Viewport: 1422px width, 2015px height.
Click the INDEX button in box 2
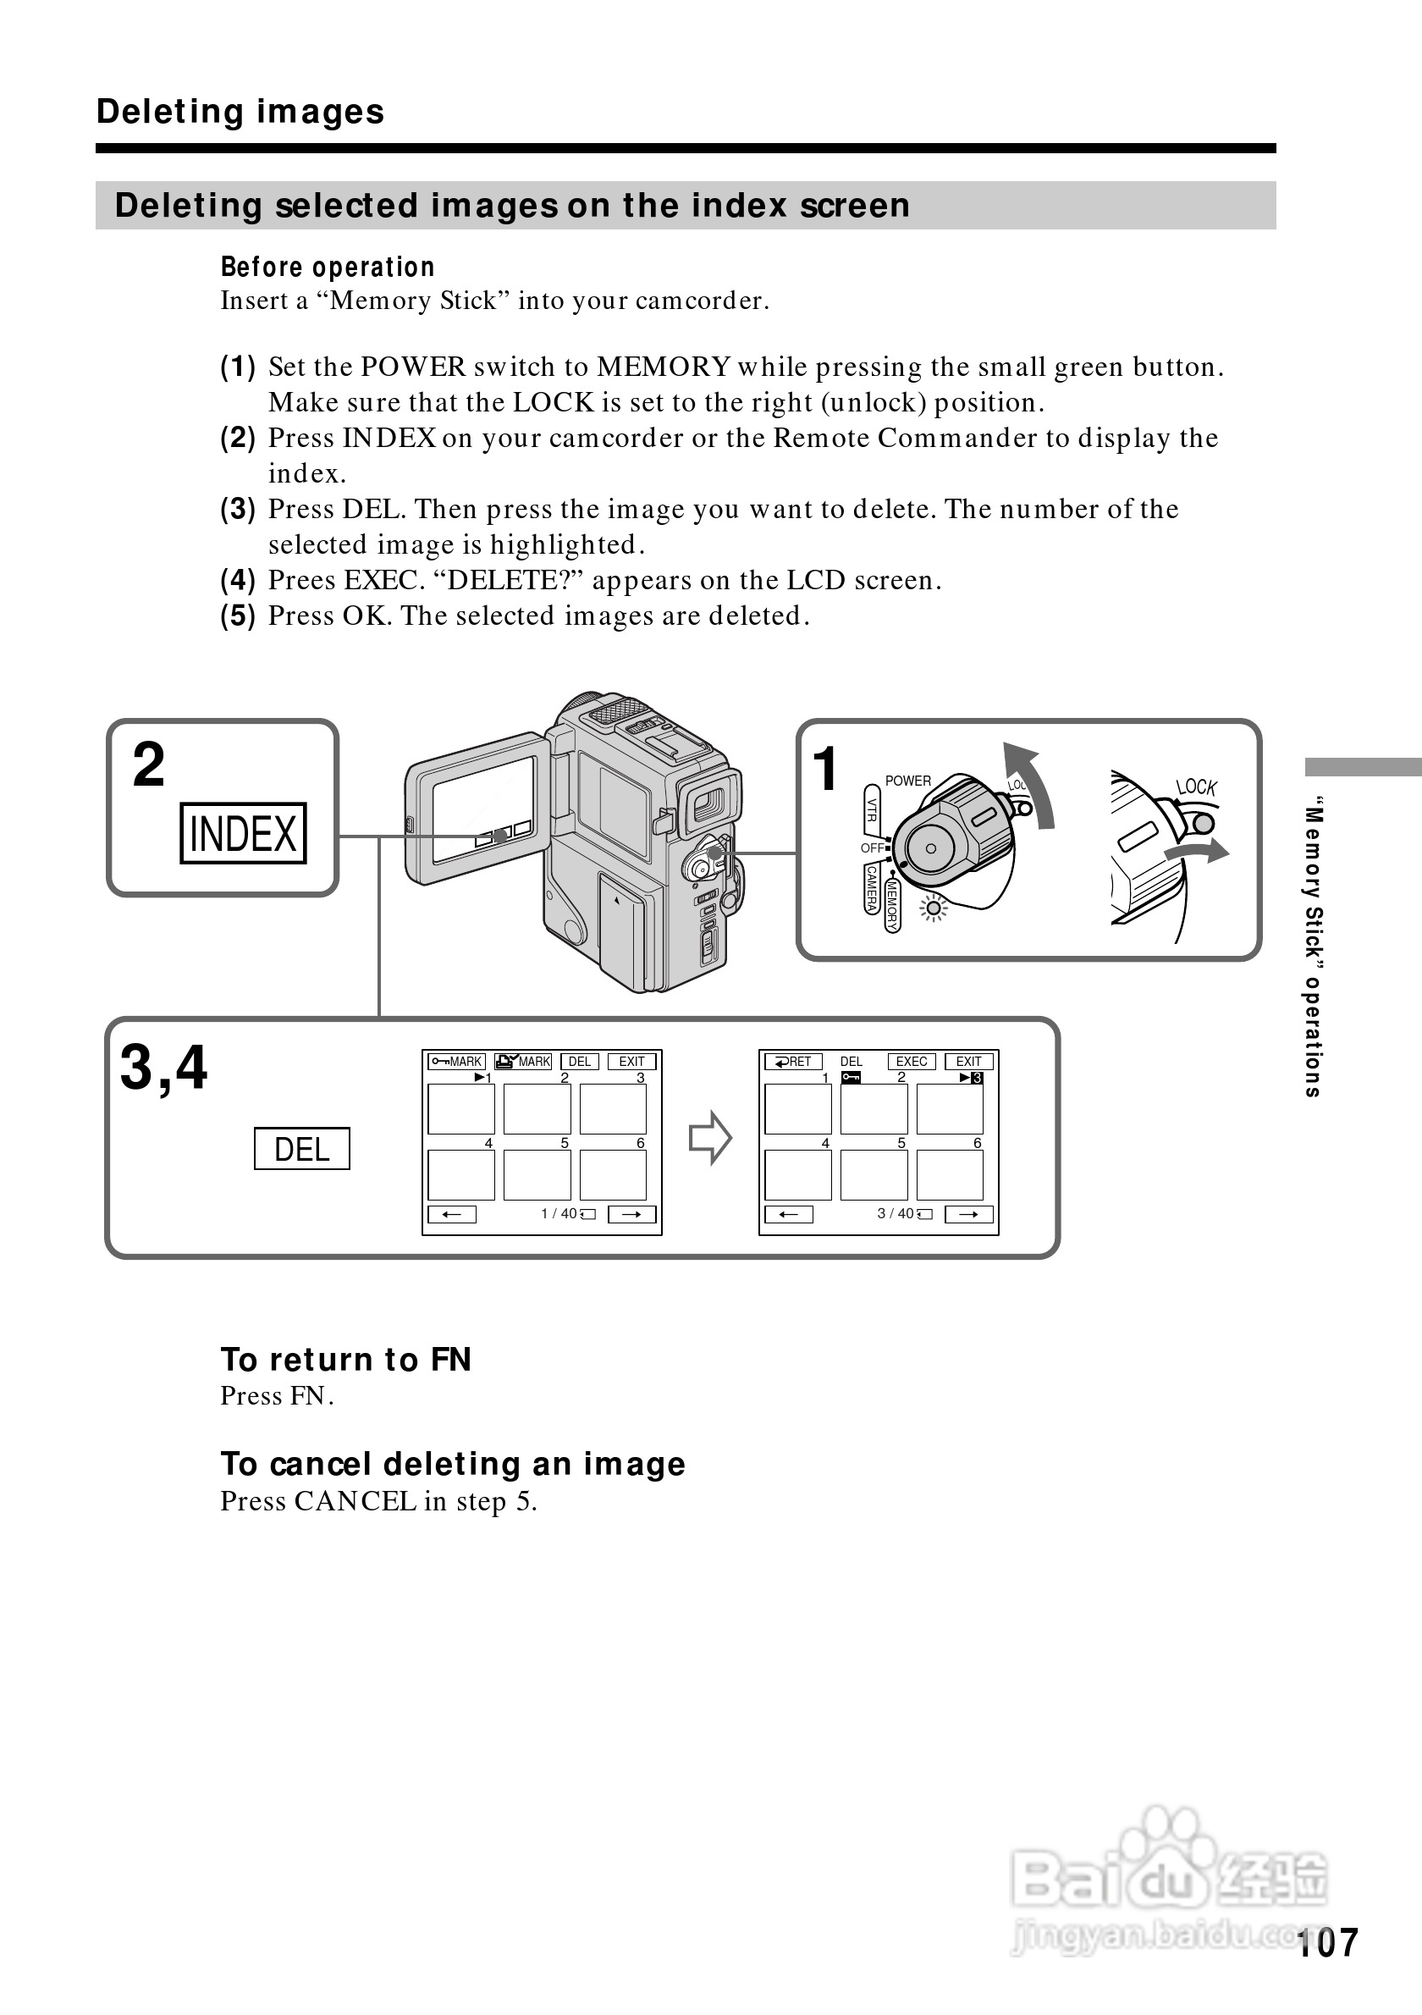click(243, 833)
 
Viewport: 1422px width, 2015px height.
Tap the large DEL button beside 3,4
click(302, 1149)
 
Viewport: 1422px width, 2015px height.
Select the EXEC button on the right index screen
click(912, 1062)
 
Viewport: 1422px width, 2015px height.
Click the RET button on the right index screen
click(793, 1062)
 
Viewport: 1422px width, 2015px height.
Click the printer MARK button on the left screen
click(523, 1062)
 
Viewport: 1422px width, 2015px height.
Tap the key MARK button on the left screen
click(456, 1062)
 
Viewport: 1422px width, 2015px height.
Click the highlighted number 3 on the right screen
click(978, 1078)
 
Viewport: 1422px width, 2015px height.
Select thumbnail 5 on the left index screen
click(537, 1175)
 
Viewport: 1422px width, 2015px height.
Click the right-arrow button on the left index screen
click(631, 1215)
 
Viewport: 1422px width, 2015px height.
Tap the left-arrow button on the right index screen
click(789, 1215)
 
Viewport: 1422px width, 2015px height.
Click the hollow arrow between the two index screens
click(709, 1138)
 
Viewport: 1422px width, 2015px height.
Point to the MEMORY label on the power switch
click(892, 905)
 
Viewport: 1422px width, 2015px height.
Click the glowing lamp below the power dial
click(934, 909)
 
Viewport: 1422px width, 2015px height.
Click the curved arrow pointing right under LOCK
click(1198, 851)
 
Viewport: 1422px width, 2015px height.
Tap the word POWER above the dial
click(908, 781)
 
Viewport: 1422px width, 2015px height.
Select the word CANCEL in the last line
click(355, 1502)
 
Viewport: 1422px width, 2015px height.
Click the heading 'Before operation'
click(328, 267)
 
